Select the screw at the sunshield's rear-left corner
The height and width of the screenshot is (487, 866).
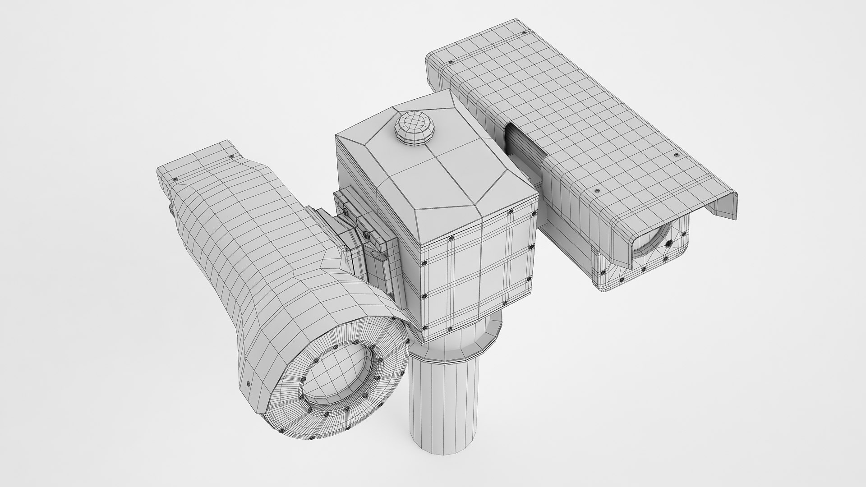451,62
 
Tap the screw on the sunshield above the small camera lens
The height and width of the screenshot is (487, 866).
597,191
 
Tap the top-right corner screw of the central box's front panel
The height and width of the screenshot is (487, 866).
510,212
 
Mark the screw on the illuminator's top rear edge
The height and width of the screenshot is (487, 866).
232,156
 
